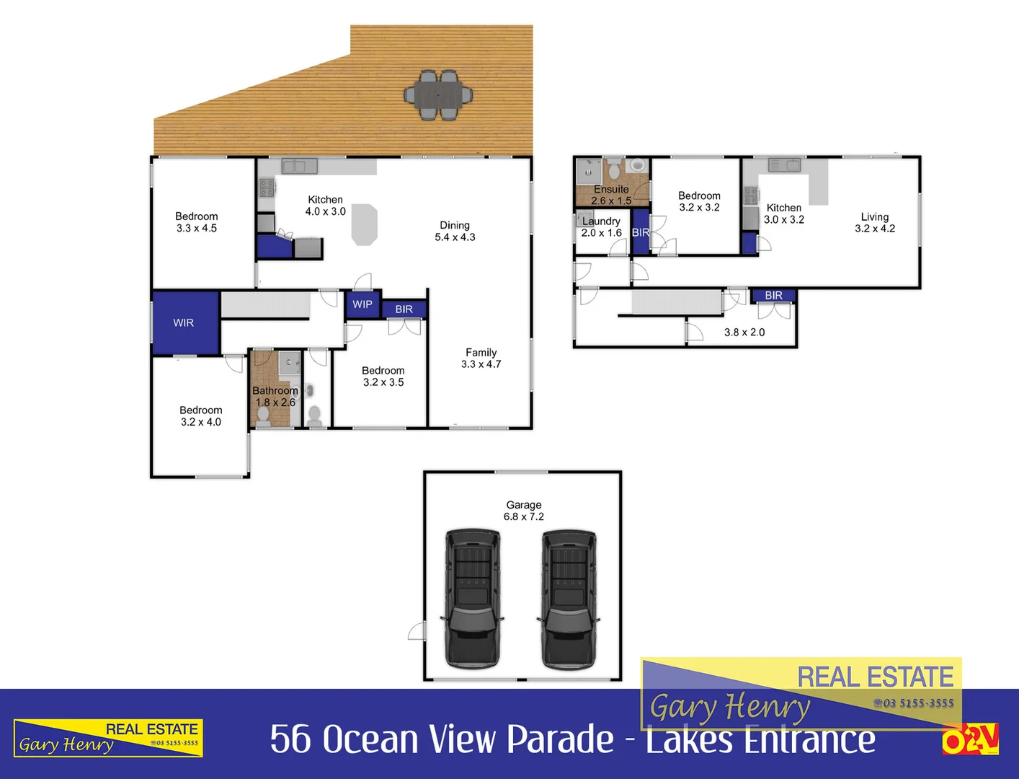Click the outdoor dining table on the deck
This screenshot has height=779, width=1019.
pos(438,94)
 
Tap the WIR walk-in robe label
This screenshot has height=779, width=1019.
pos(183,323)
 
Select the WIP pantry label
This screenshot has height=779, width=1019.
pos(362,304)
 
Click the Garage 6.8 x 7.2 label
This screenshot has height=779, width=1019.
pos(524,511)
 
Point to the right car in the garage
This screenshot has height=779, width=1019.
pos(569,597)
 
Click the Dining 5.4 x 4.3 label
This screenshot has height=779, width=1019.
pos(455,231)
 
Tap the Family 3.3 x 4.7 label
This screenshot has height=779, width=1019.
pos(481,358)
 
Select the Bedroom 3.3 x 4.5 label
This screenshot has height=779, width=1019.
pos(196,222)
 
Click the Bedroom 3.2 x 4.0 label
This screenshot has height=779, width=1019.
pos(200,416)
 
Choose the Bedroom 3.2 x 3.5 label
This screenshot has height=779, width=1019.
pos(383,377)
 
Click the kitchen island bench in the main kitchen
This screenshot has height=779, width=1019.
pos(365,224)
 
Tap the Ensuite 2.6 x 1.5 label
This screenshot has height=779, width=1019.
pos(611,195)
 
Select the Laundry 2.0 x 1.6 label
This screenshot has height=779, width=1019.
pos(601,227)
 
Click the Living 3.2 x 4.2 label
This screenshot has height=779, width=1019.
pos(874,222)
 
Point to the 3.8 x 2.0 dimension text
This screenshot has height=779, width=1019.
pos(744,333)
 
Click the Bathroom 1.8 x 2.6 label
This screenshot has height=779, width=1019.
pos(275,396)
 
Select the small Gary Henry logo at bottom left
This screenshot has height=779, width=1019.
pos(108,738)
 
